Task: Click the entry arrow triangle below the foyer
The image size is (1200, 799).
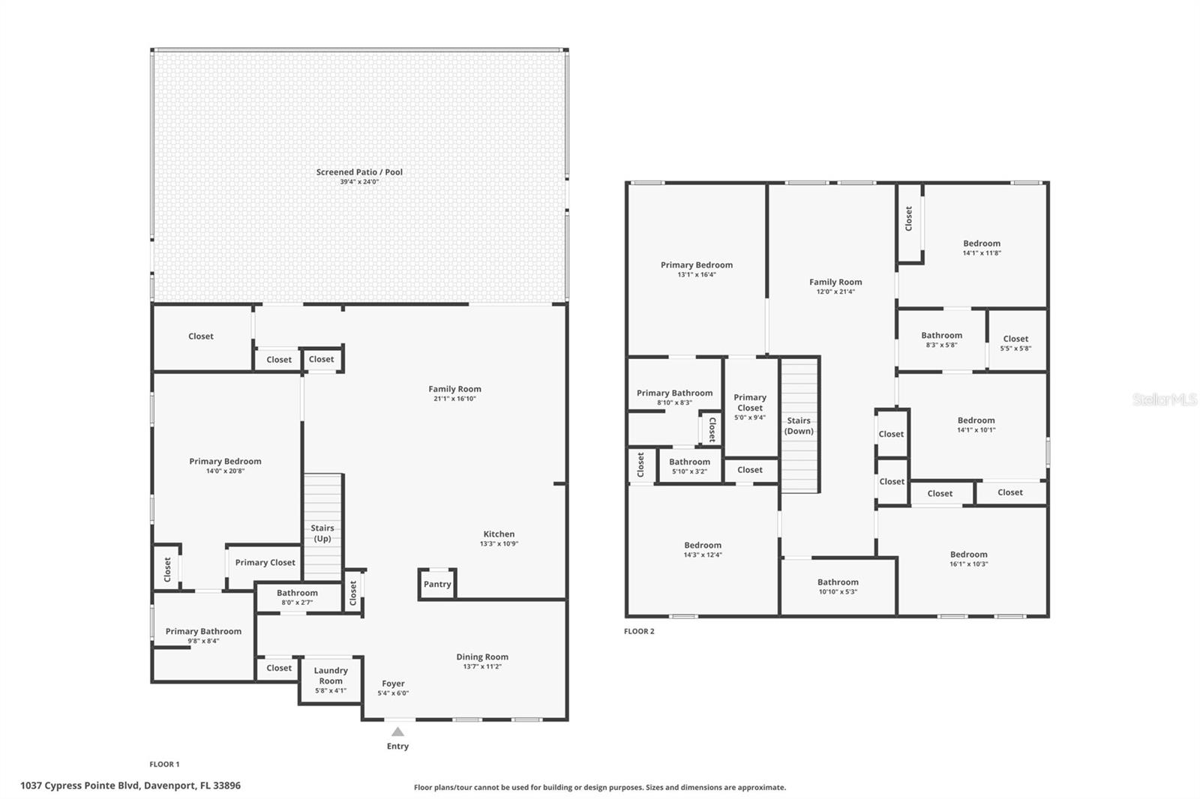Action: pyautogui.click(x=397, y=732)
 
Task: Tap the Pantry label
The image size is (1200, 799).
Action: pyautogui.click(x=437, y=584)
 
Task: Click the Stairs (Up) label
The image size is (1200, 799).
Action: pyautogui.click(x=322, y=533)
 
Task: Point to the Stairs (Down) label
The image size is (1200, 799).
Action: pyautogui.click(x=799, y=426)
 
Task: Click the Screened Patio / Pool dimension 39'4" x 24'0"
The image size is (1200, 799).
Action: pyautogui.click(x=359, y=181)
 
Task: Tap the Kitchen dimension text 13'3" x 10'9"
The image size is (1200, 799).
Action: pyautogui.click(x=499, y=543)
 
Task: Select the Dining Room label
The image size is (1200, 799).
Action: pyautogui.click(x=482, y=657)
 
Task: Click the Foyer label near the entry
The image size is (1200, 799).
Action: pyautogui.click(x=393, y=684)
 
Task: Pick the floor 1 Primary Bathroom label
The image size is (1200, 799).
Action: pyautogui.click(x=203, y=631)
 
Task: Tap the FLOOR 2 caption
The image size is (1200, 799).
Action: pyautogui.click(x=639, y=631)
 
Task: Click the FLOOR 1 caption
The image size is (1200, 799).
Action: pyautogui.click(x=164, y=765)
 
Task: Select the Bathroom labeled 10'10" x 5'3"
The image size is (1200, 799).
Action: pyautogui.click(x=838, y=586)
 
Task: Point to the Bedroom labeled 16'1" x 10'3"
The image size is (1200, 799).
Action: pyautogui.click(x=968, y=558)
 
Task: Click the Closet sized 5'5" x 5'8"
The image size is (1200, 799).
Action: pyautogui.click(x=1015, y=343)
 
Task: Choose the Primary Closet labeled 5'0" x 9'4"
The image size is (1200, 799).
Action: pyautogui.click(x=750, y=407)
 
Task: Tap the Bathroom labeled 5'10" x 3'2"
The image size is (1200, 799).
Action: pyautogui.click(x=689, y=466)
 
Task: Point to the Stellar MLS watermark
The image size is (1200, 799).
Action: pyautogui.click(x=1165, y=399)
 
